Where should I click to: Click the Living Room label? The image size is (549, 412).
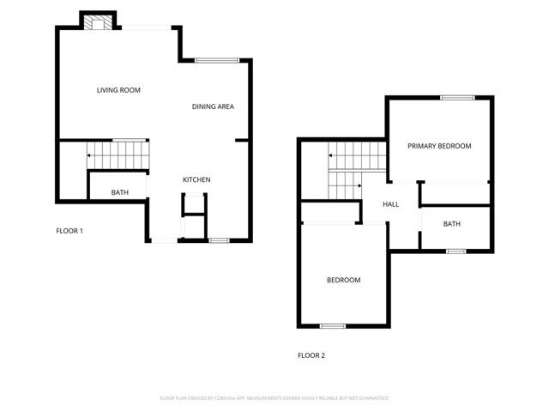tap(118, 90)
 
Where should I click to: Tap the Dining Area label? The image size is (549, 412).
tap(213, 106)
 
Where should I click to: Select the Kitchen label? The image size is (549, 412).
tap(196, 179)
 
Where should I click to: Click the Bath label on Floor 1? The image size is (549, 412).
tap(120, 192)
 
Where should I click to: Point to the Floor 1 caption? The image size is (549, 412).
tap(69, 231)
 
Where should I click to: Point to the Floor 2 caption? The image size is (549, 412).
tap(311, 355)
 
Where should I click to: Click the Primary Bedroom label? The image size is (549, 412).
tap(439, 146)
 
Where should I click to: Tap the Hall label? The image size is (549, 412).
tap(391, 204)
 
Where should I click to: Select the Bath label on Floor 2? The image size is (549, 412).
tap(451, 224)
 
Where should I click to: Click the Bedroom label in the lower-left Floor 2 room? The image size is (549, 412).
tap(343, 280)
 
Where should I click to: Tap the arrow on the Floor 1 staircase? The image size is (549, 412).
tap(89, 155)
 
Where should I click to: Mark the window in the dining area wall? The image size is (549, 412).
tap(216, 60)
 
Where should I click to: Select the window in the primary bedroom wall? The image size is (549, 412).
tap(458, 98)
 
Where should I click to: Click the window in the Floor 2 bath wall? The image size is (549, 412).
tap(455, 251)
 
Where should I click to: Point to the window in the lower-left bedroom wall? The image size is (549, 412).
tap(332, 326)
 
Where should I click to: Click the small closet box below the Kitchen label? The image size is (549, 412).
tap(194, 206)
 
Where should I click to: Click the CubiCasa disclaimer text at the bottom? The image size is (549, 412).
tap(274, 398)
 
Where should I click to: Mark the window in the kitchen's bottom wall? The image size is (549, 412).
tap(219, 240)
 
